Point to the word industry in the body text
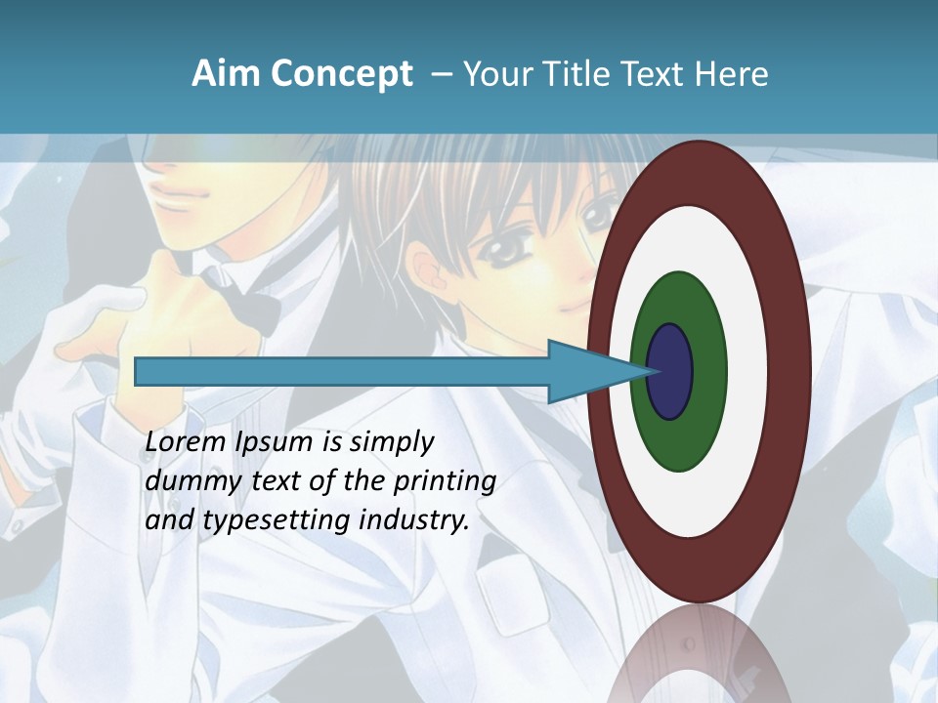pyautogui.click(x=414, y=521)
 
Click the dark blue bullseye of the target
pyautogui.click(x=671, y=372)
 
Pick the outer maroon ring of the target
pyautogui.click(x=788, y=372)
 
